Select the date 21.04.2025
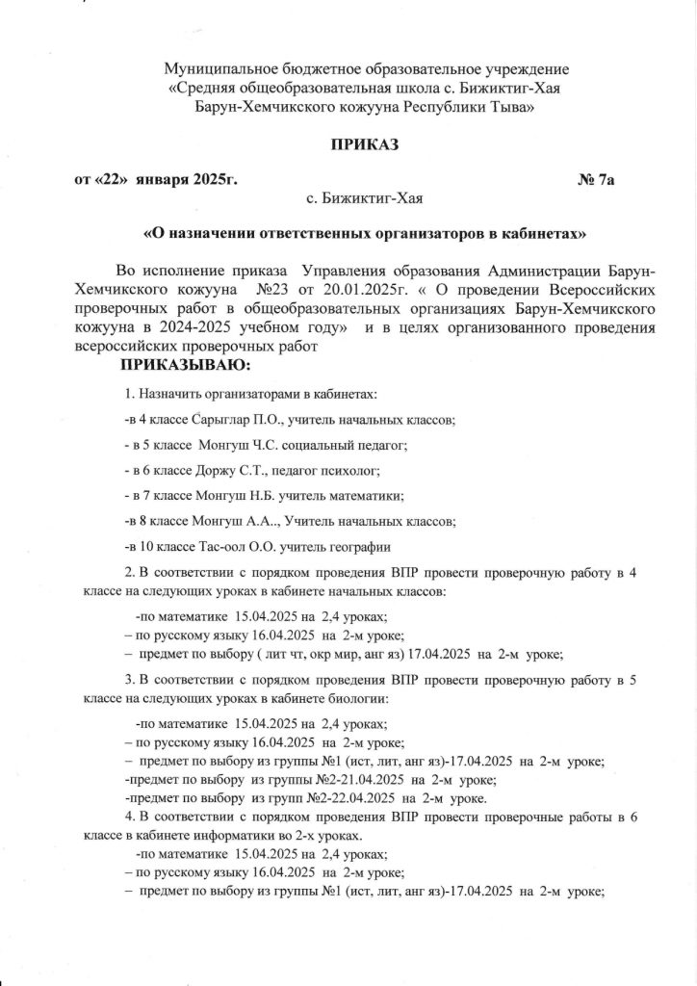pos(371,779)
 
